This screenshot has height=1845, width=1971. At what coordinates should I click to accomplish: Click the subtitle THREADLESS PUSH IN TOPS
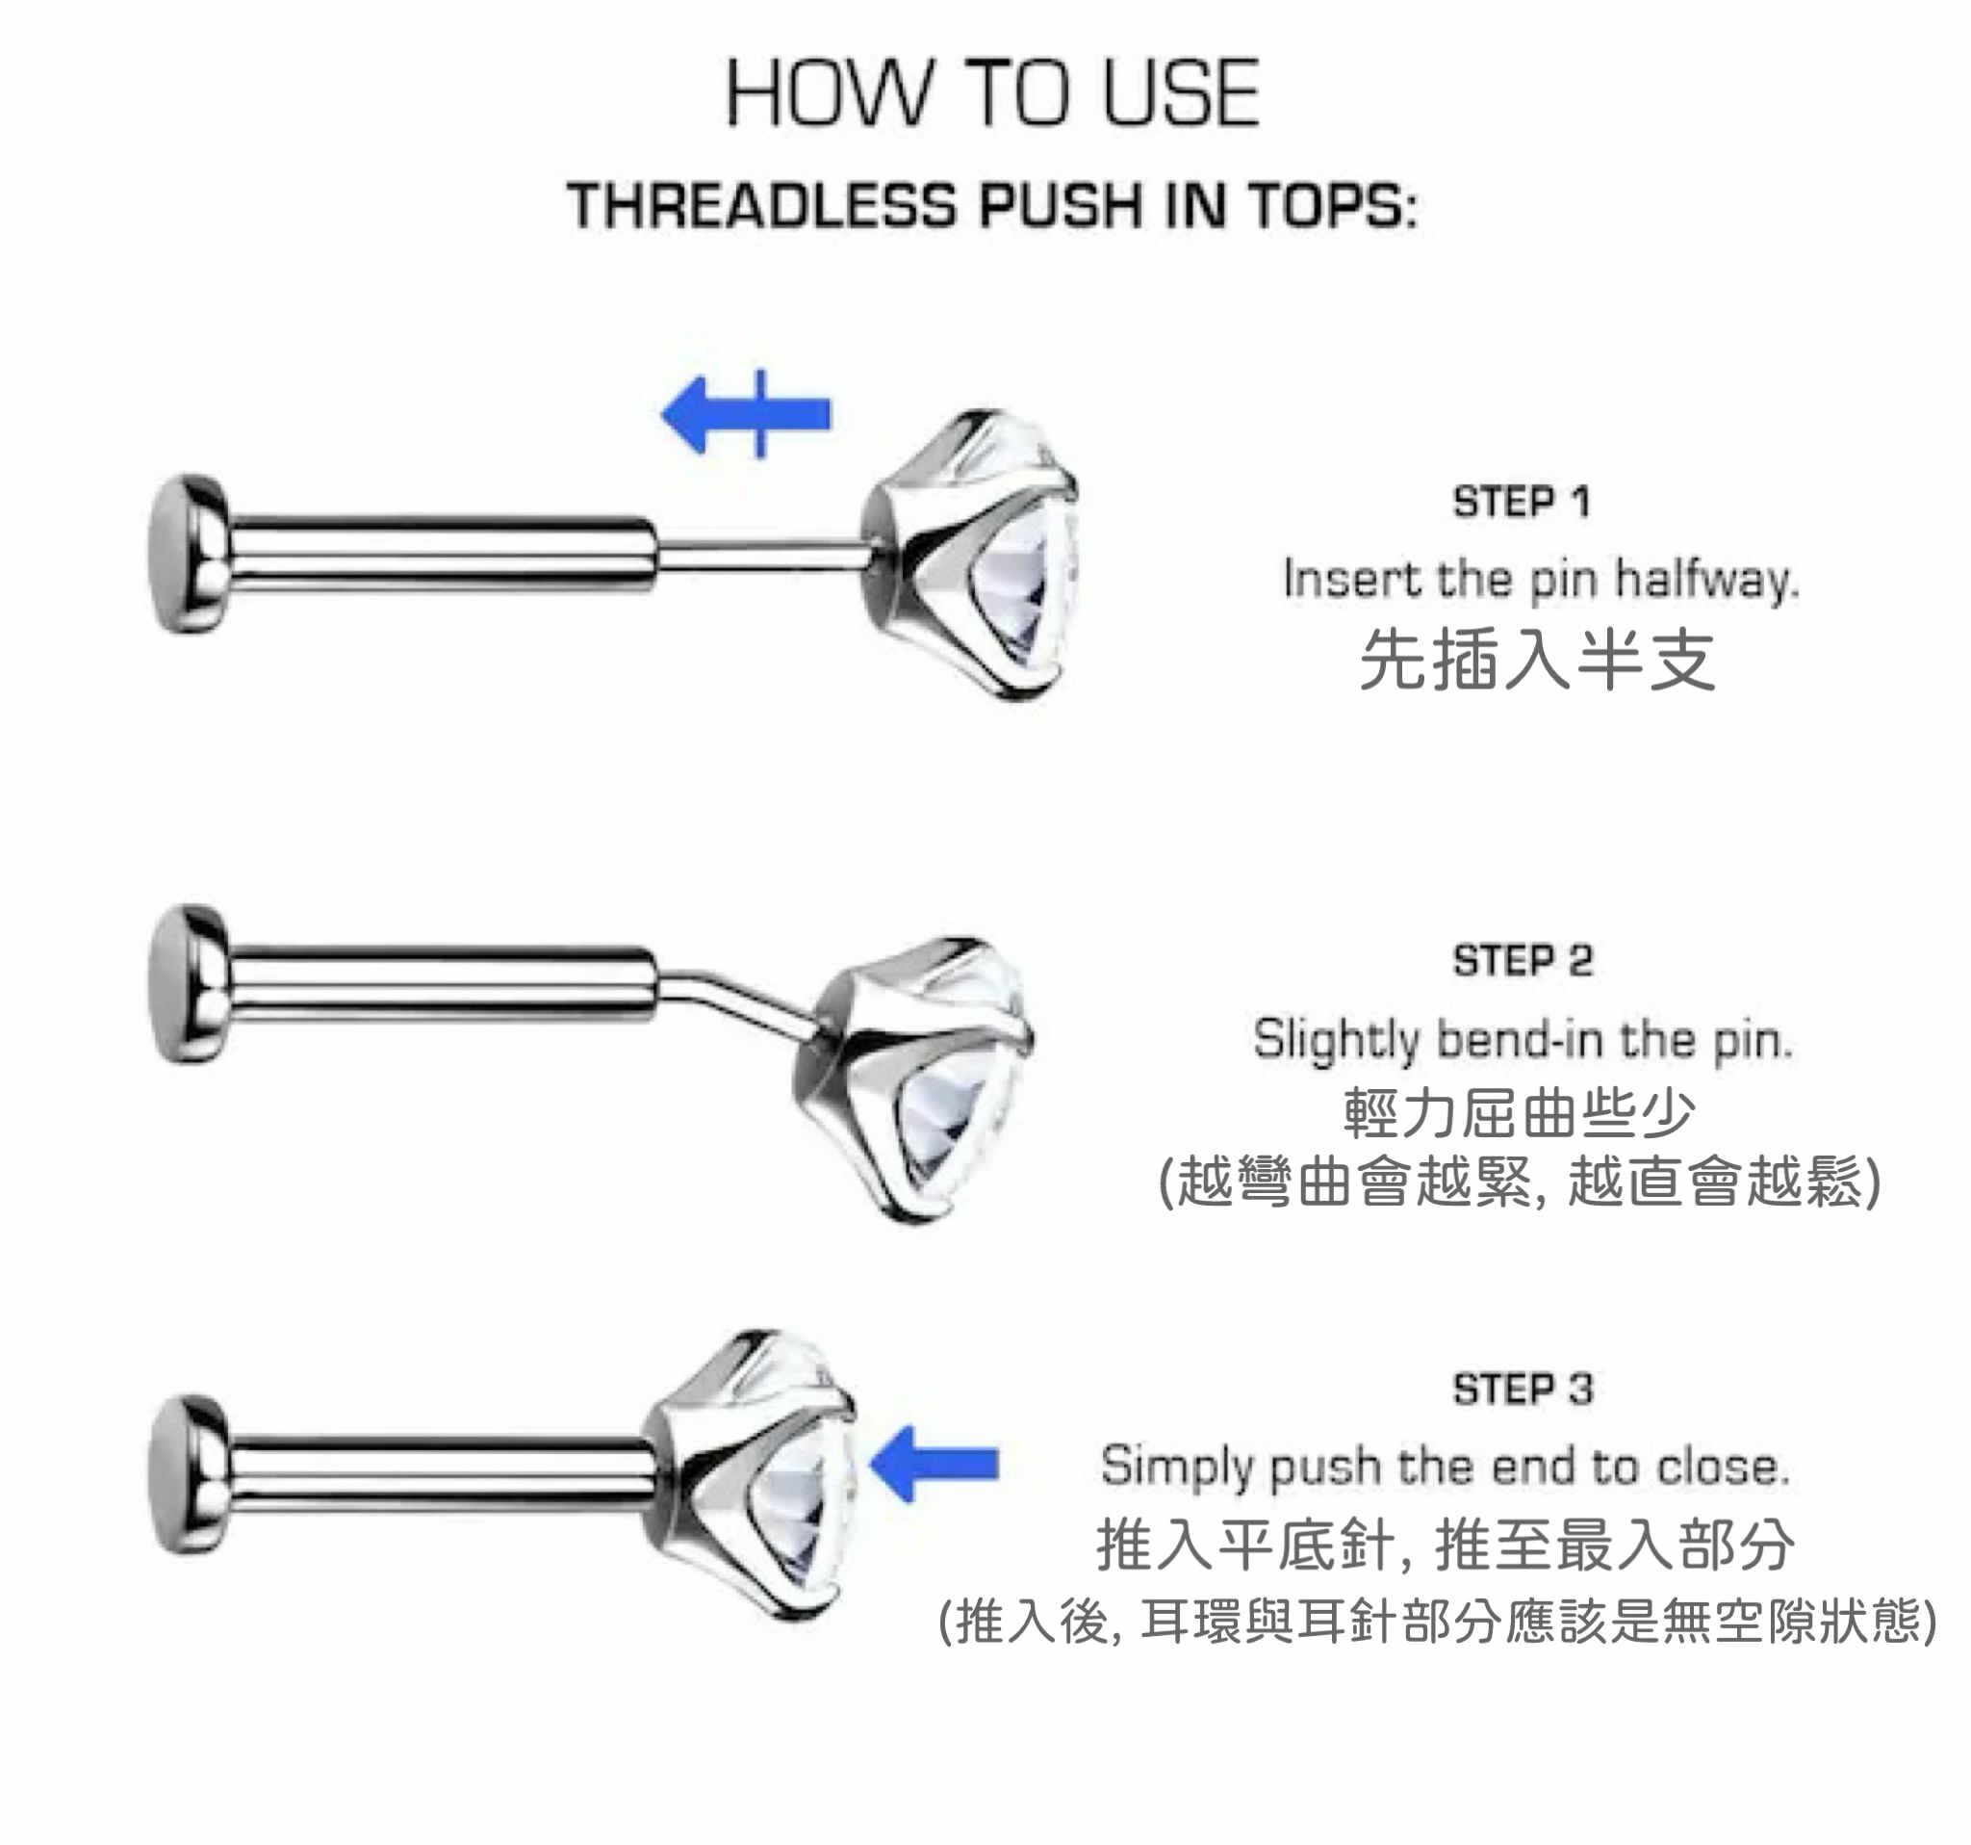992,205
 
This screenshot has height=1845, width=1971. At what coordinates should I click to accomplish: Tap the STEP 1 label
1521,502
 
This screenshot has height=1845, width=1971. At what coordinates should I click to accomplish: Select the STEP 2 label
1522,960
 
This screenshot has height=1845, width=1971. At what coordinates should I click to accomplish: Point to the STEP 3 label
1523,1389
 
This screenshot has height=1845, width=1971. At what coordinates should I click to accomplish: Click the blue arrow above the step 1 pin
746,414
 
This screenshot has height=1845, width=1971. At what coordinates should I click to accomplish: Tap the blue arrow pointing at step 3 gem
934,1464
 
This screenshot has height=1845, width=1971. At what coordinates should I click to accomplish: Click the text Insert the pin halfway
1540,580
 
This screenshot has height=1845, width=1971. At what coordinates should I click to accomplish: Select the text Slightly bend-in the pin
1523,1039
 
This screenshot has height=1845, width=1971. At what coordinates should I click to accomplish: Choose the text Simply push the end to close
1445,1465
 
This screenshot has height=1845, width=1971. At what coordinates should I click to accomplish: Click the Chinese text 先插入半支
1537,659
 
